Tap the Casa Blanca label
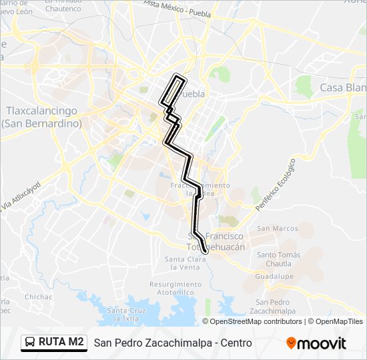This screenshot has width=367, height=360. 343,88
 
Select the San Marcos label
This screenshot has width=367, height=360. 278,229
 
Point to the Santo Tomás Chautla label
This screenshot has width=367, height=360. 276,259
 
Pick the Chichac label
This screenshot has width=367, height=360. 38,297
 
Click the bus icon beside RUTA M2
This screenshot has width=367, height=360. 31,343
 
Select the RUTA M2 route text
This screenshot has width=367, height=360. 61,343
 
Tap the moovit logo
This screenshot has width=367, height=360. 316,343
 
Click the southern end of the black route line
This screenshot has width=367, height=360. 206,251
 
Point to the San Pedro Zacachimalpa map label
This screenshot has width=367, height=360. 270,307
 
